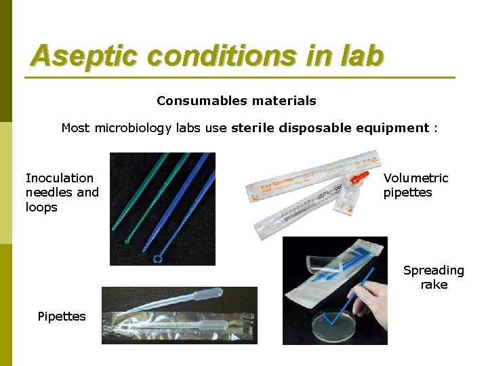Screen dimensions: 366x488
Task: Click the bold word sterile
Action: coord(253,127)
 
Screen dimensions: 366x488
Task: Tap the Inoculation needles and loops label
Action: coord(62,192)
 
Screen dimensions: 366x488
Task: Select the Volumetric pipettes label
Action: coord(415,185)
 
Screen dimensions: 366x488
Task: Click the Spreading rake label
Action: coord(434,277)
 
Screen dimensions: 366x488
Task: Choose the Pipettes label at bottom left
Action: coord(62,317)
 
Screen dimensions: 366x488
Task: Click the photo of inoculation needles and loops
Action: coord(163,208)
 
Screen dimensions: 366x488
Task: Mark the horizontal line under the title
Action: coord(240,77)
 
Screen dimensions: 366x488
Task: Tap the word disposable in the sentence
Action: coord(320,127)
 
